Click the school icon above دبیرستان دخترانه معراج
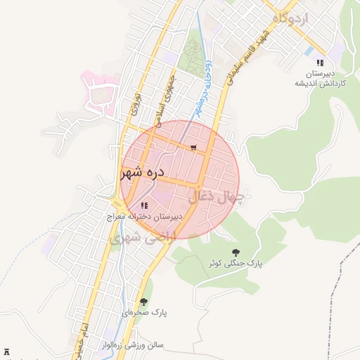coord(144,205)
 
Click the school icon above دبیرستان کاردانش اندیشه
coord(320,63)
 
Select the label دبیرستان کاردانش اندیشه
coord(320,78)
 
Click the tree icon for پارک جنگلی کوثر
coord(235,252)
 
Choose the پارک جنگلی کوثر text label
coord(234,263)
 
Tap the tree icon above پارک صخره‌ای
coord(144,302)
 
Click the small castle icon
coord(8,350)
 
